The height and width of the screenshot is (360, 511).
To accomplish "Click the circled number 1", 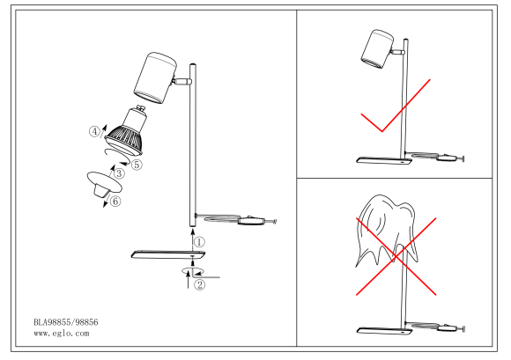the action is click(x=199, y=242).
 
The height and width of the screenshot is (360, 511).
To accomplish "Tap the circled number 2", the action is click(x=199, y=285).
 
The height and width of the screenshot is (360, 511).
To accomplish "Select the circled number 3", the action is click(x=119, y=173).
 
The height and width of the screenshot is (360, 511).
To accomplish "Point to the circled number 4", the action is click(x=94, y=132).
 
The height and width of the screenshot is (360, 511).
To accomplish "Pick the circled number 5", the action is click(x=137, y=165).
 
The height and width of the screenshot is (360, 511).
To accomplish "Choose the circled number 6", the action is click(x=115, y=202).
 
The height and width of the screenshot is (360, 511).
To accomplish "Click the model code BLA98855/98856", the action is click(x=66, y=322).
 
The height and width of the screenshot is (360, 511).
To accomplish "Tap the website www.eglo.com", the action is click(x=62, y=334).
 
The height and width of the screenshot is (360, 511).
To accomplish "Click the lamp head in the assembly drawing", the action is click(x=155, y=78).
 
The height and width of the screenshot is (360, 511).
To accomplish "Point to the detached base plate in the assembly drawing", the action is click(x=168, y=254).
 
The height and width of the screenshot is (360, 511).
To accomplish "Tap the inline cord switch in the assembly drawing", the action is click(x=251, y=221).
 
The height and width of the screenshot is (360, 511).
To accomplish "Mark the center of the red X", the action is click(x=396, y=257).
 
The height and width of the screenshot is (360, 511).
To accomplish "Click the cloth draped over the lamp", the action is click(x=386, y=230).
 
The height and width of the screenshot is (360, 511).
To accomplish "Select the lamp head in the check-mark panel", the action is click(x=377, y=48).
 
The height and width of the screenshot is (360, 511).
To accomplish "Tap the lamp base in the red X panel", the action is click(x=384, y=331).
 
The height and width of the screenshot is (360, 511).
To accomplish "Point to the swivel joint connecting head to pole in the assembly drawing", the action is click(x=182, y=81).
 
